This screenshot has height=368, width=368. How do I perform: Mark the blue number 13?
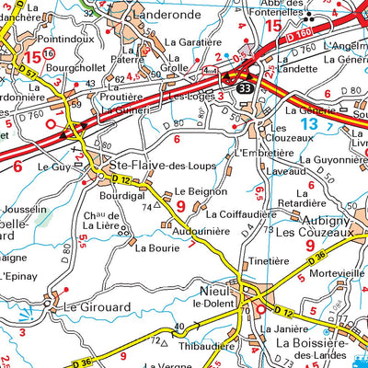(309, 122)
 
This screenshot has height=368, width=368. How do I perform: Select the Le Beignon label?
(201, 190)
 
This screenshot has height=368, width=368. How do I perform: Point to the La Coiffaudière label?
(240, 215)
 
